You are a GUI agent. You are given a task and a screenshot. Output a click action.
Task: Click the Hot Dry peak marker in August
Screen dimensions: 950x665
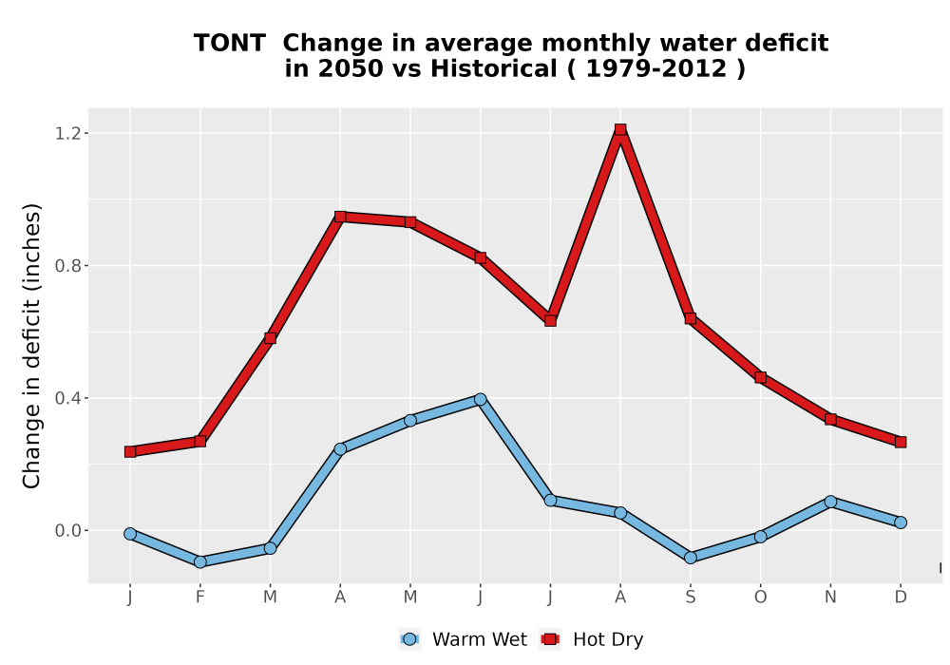pos(619,129)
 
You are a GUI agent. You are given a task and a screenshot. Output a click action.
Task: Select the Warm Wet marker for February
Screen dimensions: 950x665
pos(199,562)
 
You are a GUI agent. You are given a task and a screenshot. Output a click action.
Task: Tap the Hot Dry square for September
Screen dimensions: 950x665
pos(690,318)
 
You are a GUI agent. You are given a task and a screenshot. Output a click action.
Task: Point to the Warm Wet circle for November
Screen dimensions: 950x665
pos(830,502)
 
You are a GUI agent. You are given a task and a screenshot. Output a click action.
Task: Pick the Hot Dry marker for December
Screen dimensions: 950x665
pos(901,442)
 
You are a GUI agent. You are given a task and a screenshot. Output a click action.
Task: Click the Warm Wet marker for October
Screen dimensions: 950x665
pos(760,537)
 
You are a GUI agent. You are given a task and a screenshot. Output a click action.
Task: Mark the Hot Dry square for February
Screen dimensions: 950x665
pos(199,441)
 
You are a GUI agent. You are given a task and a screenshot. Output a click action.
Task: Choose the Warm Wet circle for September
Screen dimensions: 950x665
pos(690,558)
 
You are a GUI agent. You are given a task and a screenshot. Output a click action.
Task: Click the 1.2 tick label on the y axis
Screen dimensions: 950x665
pos(67,133)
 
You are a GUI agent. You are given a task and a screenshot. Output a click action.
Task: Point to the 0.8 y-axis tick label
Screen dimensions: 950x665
pos(67,265)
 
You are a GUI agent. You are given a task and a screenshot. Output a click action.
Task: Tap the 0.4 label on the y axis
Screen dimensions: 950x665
pos(67,398)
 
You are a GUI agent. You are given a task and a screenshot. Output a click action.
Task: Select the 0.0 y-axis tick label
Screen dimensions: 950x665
pos(67,530)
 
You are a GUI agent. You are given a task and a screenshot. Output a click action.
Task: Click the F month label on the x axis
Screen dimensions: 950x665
pos(199,598)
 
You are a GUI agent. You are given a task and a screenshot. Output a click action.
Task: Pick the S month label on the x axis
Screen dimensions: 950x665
pos(690,598)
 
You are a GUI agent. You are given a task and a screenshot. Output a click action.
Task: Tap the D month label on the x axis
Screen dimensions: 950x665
pos(901,598)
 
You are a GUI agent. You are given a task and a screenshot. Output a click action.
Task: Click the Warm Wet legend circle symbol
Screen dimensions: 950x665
pos(409,639)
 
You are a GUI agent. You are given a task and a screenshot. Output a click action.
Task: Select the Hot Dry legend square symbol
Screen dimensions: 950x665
pos(550,639)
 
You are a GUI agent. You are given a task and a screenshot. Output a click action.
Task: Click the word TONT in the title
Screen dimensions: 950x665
pos(230,44)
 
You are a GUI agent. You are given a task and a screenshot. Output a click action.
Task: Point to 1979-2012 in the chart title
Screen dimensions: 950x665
pos(656,68)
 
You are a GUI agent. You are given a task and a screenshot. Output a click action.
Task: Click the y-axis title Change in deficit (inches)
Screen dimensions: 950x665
pos(31,346)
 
